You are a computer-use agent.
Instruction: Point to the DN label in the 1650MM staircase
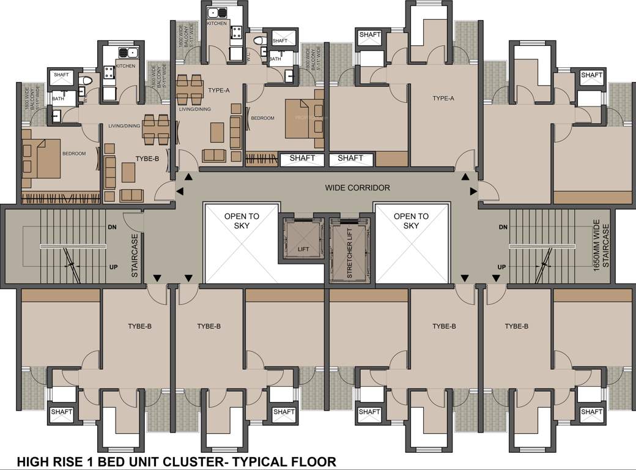(503, 228)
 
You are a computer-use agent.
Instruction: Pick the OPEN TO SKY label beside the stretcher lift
(411, 221)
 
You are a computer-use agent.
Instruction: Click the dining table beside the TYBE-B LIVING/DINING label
(156, 130)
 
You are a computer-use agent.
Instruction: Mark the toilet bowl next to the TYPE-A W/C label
(259, 40)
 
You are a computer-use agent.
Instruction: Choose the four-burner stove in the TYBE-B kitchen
(110, 73)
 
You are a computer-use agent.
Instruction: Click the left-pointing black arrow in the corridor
(180, 192)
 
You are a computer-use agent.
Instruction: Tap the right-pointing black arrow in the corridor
(474, 192)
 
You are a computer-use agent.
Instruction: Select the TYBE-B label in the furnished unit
(147, 159)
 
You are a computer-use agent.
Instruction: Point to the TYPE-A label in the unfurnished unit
(443, 98)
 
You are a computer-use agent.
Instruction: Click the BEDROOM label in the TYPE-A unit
(264, 118)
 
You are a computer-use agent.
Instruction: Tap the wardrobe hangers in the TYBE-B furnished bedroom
(60, 198)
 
